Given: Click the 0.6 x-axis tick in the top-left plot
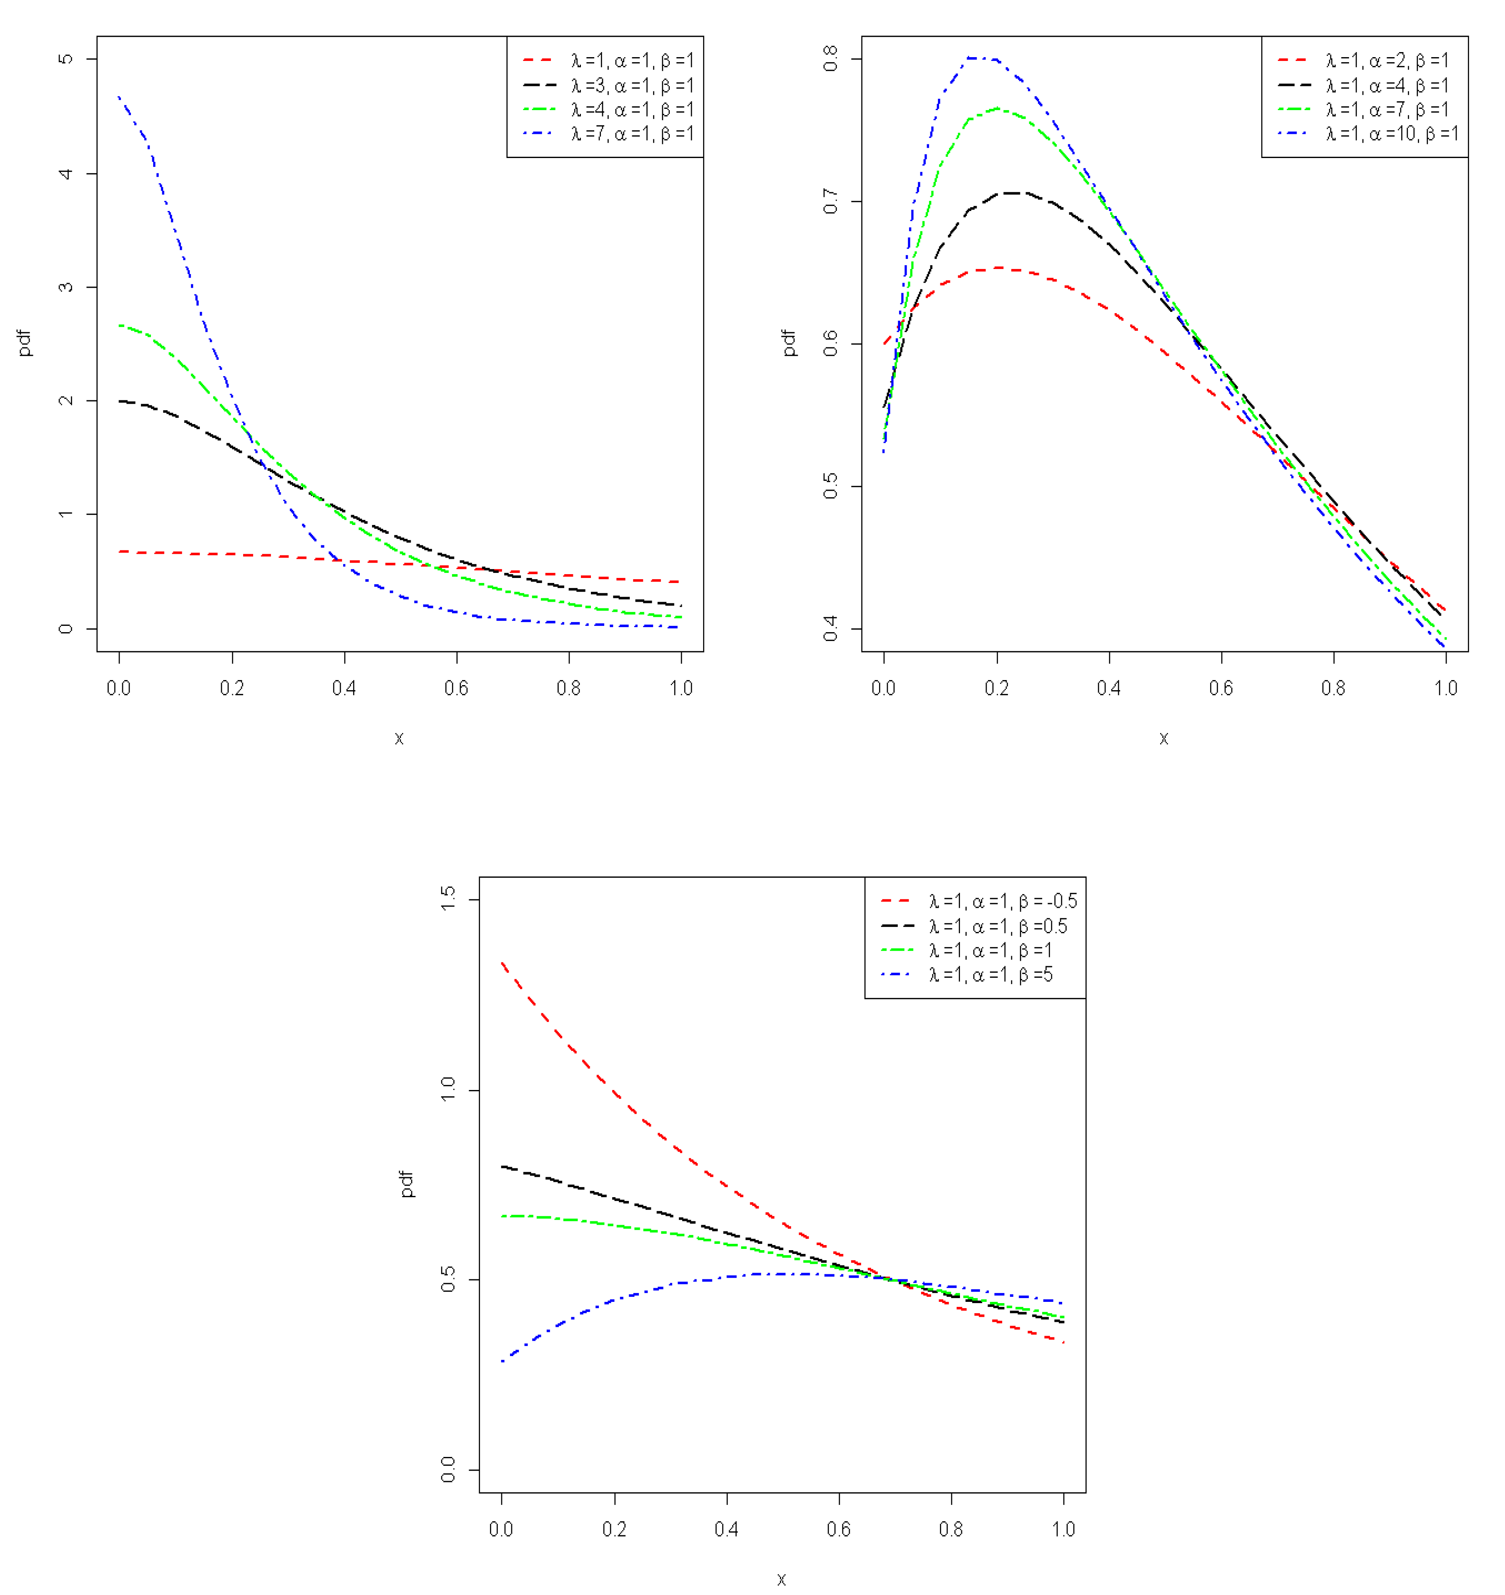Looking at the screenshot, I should click(x=457, y=688).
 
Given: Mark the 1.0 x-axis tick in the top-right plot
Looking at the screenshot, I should click(x=1446, y=688).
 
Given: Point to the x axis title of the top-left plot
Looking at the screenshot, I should click(x=399, y=738).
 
